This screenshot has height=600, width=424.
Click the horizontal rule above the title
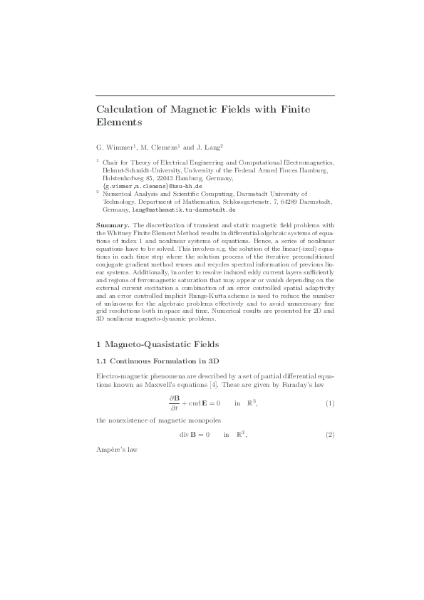click(x=215, y=95)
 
